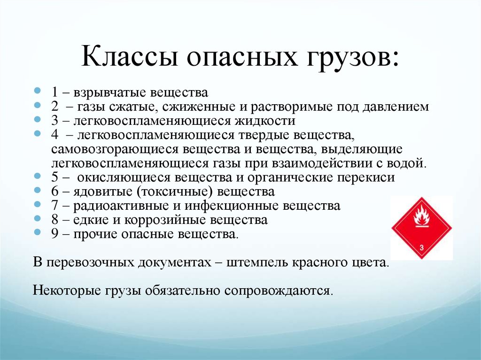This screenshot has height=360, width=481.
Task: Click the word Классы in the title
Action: click(130, 56)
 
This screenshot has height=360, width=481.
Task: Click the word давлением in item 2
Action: click(396, 107)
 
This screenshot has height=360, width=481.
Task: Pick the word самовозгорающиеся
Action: click(115, 150)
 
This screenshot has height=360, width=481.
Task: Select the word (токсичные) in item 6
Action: click(175, 191)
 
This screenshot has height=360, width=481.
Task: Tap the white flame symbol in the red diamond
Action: click(421, 216)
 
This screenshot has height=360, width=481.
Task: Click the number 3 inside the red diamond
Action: click(421, 247)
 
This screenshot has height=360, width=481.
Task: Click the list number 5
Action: click(54, 177)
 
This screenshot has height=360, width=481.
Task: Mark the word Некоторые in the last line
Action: click(67, 290)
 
